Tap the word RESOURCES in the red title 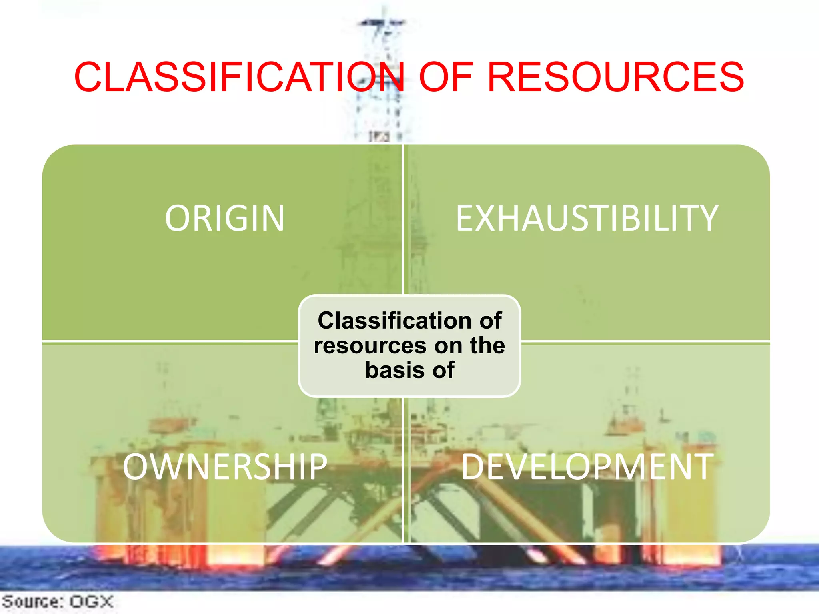tap(615, 77)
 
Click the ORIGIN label tap(224, 218)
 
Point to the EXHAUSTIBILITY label tap(587, 218)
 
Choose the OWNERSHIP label tap(225, 466)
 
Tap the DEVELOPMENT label tap(587, 466)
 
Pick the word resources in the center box tap(370, 345)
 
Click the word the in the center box tap(487, 345)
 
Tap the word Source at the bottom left tap(30, 602)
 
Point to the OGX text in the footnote tap(92, 602)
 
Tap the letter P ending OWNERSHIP tap(318, 466)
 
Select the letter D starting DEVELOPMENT tap(472, 466)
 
